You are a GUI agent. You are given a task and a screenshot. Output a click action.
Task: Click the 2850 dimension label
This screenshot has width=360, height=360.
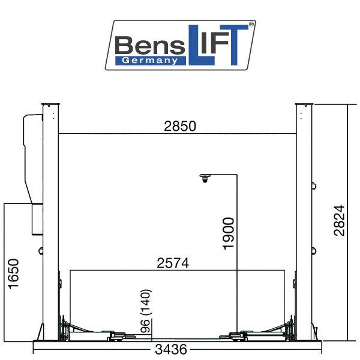180,126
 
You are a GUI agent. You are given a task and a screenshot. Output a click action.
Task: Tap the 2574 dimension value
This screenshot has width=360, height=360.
173,263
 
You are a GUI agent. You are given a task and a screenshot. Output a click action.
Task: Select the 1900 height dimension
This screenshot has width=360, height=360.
229,233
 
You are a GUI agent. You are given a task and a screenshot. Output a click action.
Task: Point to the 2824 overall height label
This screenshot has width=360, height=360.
340,220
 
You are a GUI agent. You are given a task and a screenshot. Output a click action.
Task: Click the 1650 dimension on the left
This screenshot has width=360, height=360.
13,274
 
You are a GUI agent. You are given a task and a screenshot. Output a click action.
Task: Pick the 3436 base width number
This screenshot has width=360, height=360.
171,349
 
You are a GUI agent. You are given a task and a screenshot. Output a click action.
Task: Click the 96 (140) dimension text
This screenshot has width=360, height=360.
146,311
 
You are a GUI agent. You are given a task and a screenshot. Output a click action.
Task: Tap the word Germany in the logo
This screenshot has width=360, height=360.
150,61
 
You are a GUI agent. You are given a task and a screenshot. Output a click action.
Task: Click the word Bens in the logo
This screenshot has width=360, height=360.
150,45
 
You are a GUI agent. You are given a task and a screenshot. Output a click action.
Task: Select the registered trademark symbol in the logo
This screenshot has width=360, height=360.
251,24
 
